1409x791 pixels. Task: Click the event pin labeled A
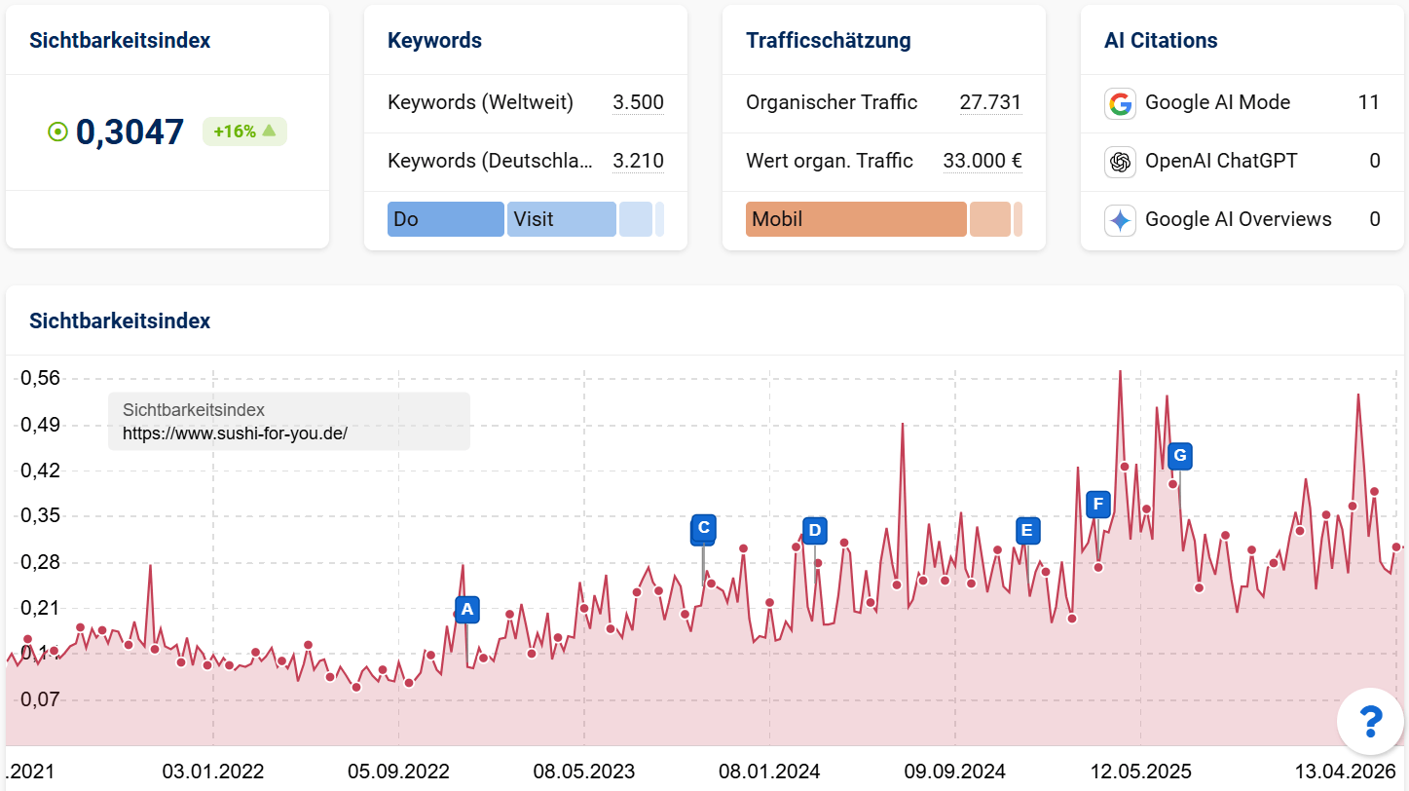466,610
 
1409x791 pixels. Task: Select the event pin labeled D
815,531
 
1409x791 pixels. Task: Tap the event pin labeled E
1026,531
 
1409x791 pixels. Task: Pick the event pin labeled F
1098,504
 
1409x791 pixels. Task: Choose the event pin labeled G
1179,455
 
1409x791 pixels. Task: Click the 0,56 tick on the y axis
41,379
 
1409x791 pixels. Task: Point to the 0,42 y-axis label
41,471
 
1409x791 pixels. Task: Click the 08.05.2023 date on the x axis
584,772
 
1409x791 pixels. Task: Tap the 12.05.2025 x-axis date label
1141,772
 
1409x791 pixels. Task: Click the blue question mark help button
1370,721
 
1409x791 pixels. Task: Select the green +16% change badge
244,132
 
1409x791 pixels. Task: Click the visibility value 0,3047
130,132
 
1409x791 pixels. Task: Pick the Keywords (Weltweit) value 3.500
638,102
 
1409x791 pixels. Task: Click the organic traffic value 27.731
990,102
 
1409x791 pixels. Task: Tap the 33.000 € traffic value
983,161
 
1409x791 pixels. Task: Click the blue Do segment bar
445,219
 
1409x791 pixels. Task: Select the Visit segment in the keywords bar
561,219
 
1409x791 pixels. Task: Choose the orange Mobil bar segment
856,219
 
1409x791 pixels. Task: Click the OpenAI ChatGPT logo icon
1120,161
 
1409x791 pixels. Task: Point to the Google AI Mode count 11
1368,102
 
